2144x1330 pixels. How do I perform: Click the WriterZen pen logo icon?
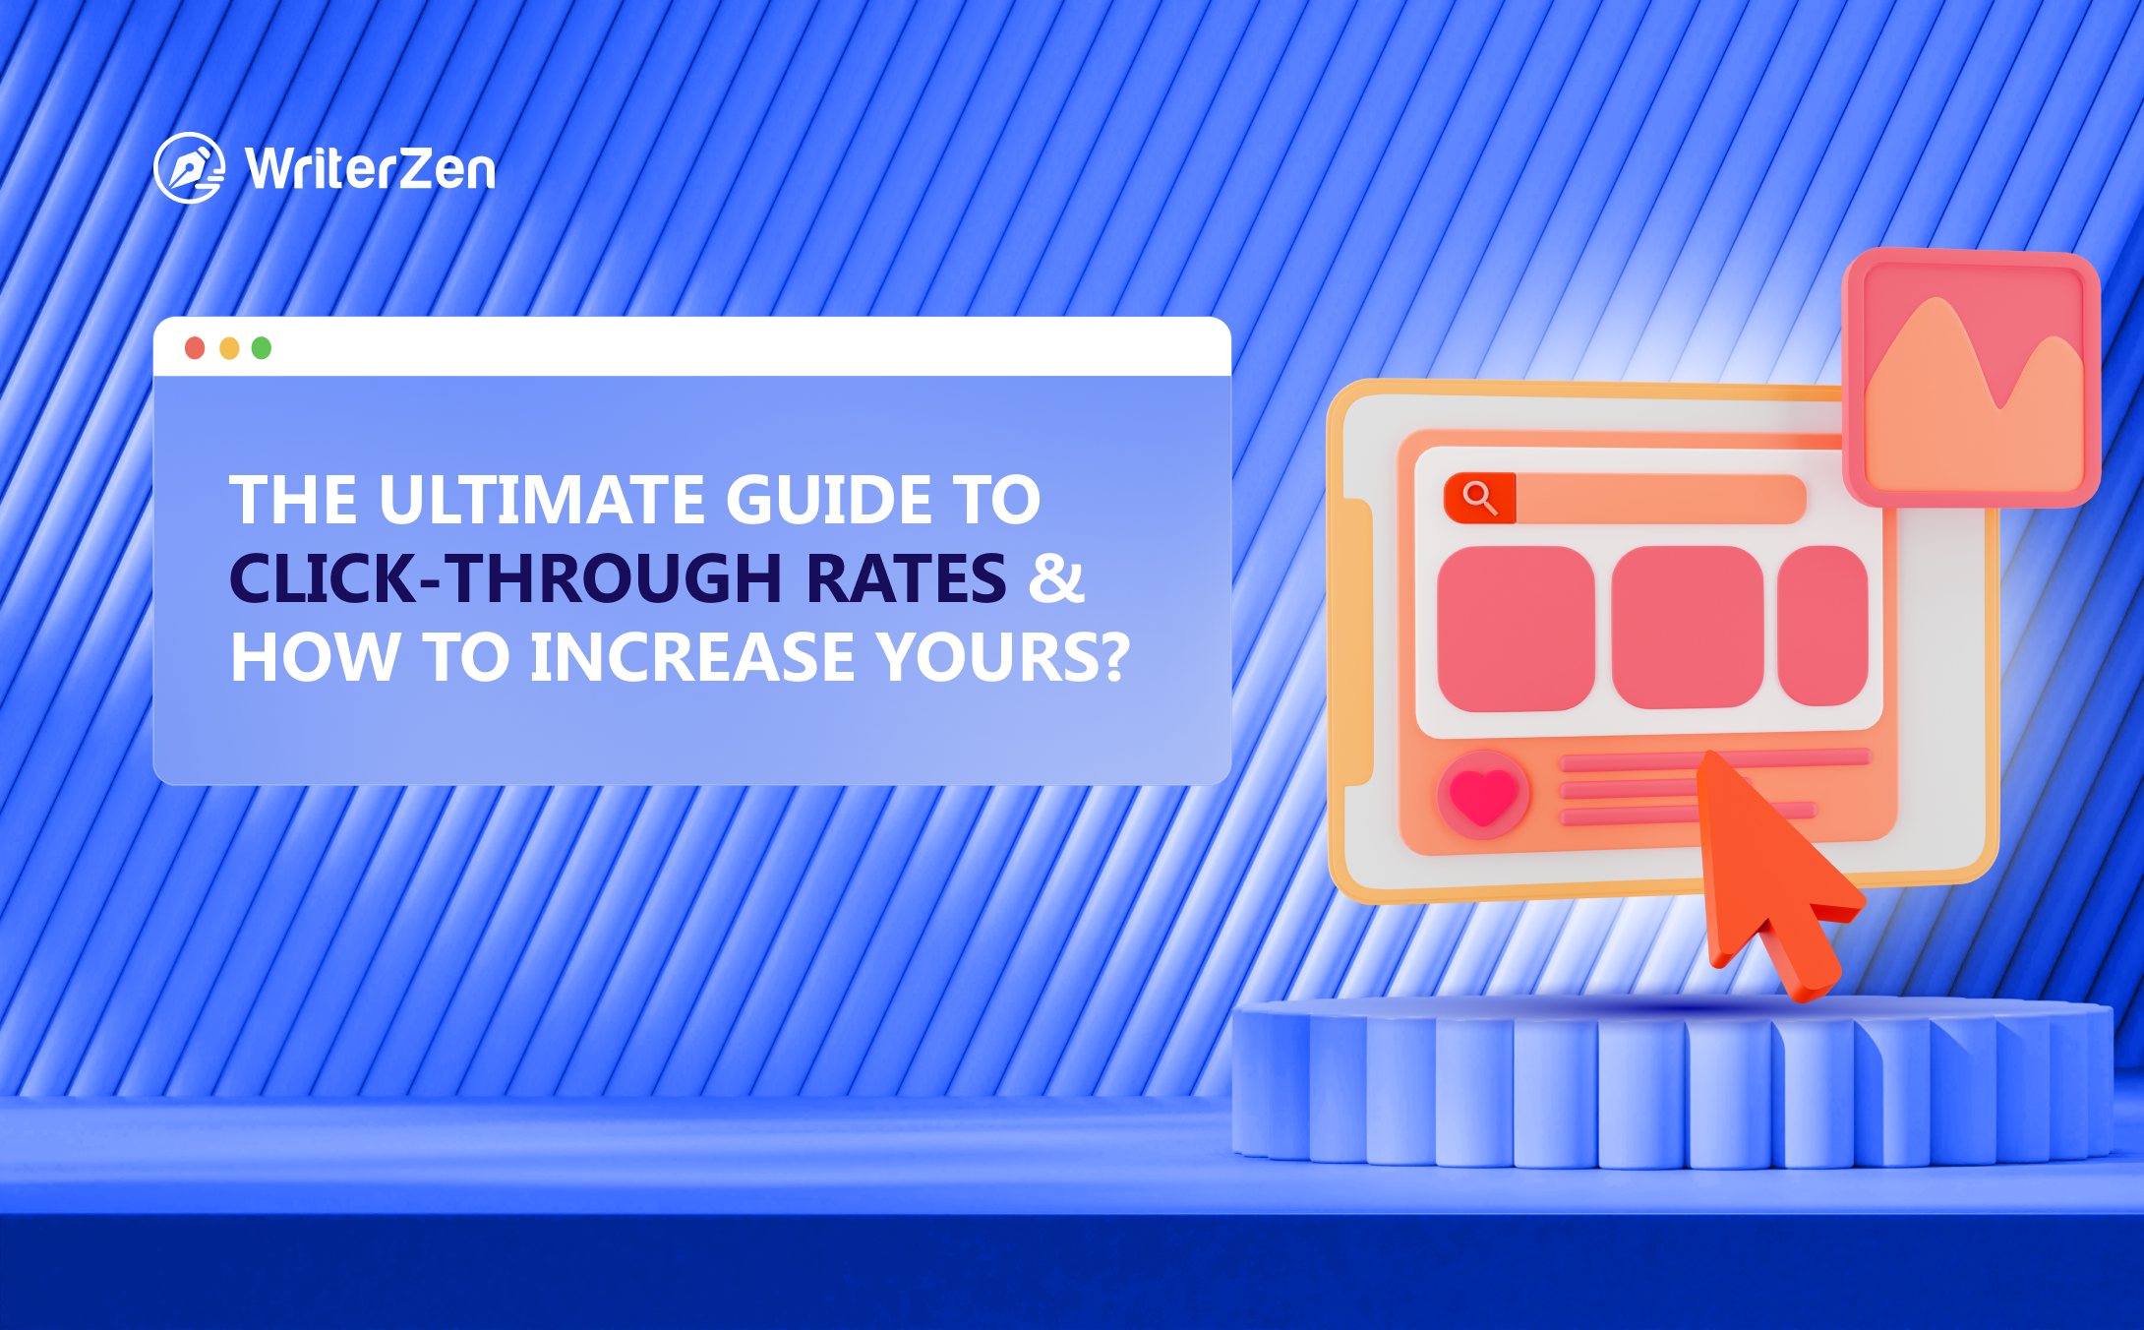[x=189, y=168]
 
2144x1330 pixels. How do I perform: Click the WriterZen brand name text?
[x=371, y=169]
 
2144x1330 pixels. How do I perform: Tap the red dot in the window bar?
[x=195, y=348]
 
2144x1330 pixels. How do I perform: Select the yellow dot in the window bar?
[x=229, y=348]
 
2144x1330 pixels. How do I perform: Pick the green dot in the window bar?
[x=262, y=348]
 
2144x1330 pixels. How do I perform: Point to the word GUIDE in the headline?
[x=829, y=500]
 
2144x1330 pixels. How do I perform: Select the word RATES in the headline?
[x=906, y=578]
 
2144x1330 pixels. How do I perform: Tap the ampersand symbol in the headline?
[x=1055, y=578]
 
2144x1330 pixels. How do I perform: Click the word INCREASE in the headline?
[x=691, y=657]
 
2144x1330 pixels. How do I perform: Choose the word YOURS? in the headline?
[x=1004, y=657]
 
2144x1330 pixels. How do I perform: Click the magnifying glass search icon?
[x=1479, y=498]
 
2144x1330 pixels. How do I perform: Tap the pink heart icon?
[x=1483, y=795]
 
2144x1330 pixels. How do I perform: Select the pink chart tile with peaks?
[x=1972, y=379]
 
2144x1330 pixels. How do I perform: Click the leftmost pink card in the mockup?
[x=1516, y=628]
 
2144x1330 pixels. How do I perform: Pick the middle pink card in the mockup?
[x=1687, y=628]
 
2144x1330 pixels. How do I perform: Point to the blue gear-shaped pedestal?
[x=1672, y=1082]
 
